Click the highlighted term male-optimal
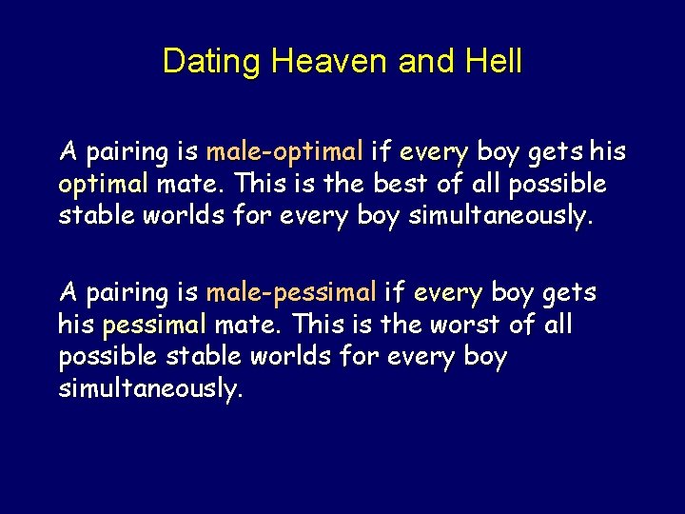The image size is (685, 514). coord(285,151)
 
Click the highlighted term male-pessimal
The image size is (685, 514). coord(292,291)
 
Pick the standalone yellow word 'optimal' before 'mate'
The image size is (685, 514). coord(104,183)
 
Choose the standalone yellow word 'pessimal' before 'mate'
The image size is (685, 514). coord(153,325)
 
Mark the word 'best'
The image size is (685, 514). coord(410,183)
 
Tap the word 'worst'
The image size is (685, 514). coord(459,325)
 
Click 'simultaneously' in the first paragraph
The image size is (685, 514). coord(499,216)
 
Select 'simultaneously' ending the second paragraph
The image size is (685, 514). coord(150,389)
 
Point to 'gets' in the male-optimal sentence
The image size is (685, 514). coord(554,151)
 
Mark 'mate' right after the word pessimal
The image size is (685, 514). coord(248,325)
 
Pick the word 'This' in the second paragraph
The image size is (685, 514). coord(323,325)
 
